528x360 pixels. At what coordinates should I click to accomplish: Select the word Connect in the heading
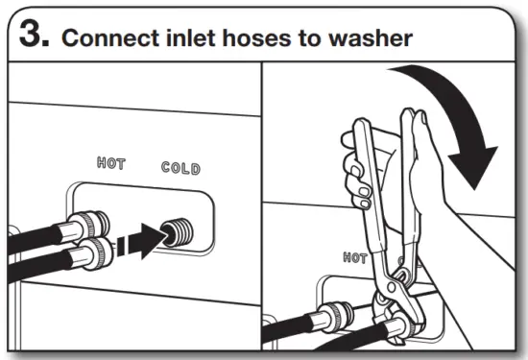(107, 40)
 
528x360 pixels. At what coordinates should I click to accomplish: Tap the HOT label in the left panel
(112, 164)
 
